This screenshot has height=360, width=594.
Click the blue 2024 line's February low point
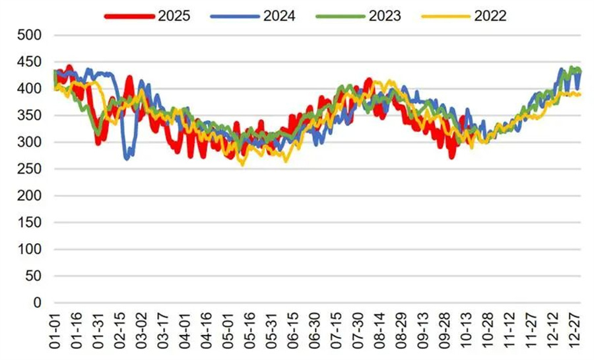[128, 157]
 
